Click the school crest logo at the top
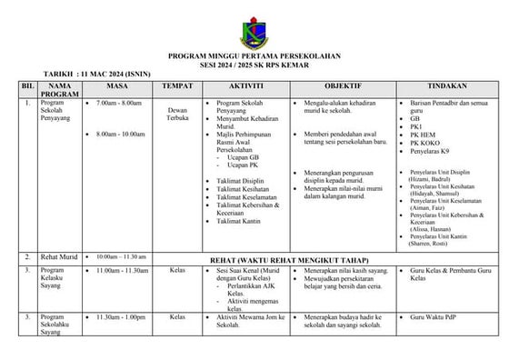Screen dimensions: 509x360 pyautogui.click(x=254, y=30)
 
